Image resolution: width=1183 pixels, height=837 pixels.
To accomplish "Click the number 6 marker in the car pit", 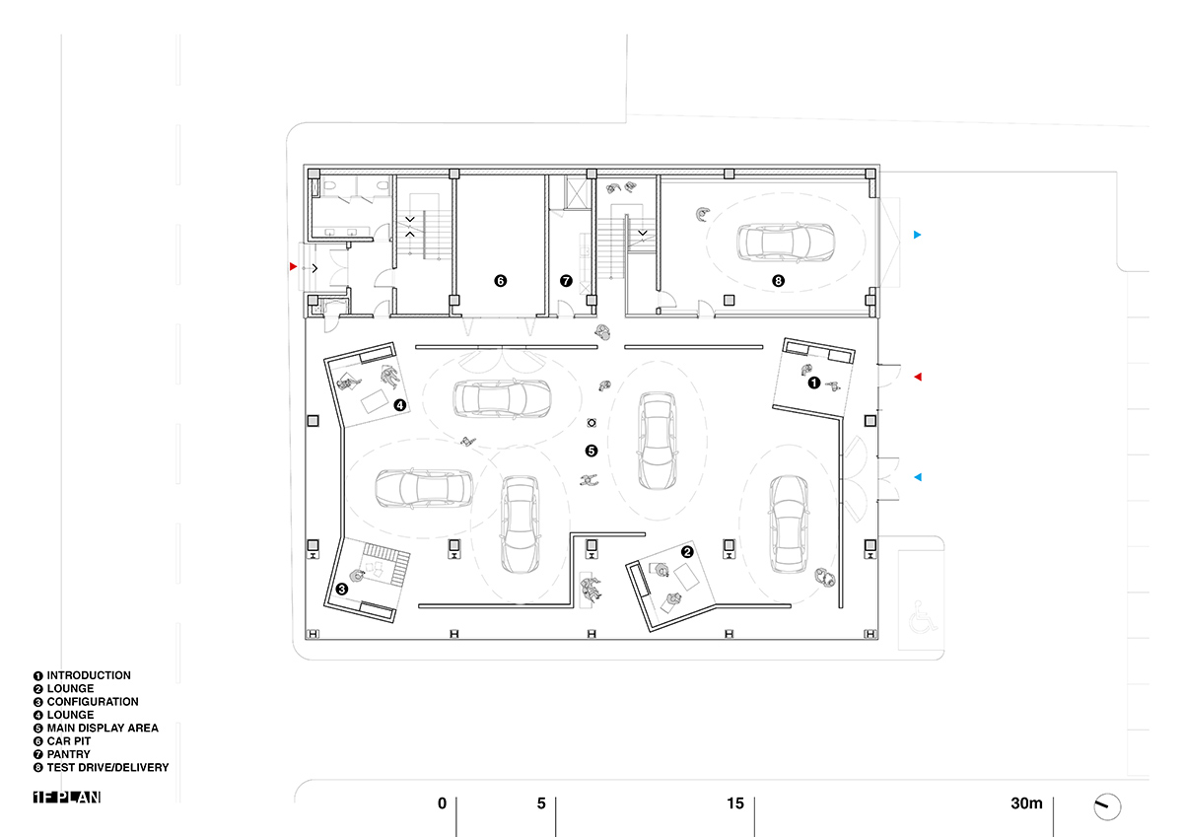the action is point(500,281).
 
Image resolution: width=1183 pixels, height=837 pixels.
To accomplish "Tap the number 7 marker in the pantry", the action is point(566,281).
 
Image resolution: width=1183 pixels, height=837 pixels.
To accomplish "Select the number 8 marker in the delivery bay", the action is point(778,281).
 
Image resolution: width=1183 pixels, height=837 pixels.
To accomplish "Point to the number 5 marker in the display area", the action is point(591,451).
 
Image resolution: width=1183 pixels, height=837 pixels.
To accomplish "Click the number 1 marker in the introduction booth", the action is point(814,383).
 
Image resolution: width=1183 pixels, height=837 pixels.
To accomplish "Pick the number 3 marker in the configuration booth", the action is point(342,589).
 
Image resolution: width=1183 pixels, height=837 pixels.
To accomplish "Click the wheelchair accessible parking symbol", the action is point(923,616).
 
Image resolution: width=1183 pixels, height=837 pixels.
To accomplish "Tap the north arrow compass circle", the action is point(1107,806).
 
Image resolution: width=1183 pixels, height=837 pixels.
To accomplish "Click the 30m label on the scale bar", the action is point(1026,803).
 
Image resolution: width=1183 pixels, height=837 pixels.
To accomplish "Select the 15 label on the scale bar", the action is point(735,803).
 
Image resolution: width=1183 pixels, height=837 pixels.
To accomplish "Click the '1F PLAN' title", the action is point(67,797).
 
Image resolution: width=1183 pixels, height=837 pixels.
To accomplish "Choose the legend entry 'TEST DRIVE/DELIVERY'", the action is point(107,767).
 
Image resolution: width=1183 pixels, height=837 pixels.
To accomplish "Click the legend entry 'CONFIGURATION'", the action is point(93,702).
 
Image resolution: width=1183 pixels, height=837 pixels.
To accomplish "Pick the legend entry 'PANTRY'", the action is point(69,754).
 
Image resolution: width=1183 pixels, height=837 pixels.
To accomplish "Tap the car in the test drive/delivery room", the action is point(786,243).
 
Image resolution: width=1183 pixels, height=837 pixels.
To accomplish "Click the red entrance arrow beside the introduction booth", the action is point(918,377).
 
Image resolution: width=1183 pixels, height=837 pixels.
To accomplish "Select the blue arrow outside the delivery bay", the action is point(918,235).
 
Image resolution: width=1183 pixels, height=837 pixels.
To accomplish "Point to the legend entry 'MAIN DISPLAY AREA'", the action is point(103,728).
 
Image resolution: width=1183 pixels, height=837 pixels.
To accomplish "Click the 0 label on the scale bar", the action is point(442,803).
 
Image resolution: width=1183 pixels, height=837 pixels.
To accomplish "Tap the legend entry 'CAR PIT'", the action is point(69,741).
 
